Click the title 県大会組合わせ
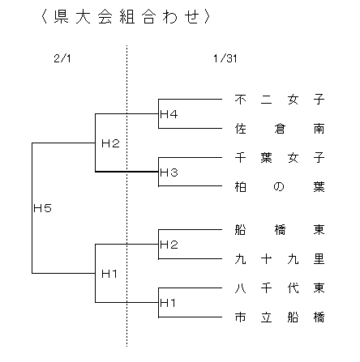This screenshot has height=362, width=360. tap(126, 17)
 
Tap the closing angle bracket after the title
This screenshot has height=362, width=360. tap(207, 17)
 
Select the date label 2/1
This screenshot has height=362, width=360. tap(62, 58)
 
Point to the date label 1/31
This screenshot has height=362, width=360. tap(225, 58)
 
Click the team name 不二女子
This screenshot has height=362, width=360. tap(280, 100)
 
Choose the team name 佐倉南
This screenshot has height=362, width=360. tap(280, 129)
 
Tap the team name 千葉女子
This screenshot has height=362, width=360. tap(280, 158)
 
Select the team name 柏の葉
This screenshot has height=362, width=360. tap(280, 186)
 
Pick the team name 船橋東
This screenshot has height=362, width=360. tap(280, 230)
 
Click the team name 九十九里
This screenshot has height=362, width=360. tap(280, 259)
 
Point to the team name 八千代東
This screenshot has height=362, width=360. tap(280, 287)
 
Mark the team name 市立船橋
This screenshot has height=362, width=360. tap(280, 317)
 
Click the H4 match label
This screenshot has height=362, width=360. tap(169, 114)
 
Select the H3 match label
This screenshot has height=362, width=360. tap(169, 172)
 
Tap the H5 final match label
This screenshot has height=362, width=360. tap(42, 208)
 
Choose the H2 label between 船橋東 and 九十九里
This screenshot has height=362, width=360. tap(169, 245)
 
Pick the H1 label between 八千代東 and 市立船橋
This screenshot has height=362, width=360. tap(168, 303)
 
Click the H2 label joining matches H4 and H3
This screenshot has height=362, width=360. tap(110, 143)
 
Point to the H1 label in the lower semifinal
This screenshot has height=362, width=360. tap(109, 274)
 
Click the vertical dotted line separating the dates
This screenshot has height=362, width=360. tap(126, 196)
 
